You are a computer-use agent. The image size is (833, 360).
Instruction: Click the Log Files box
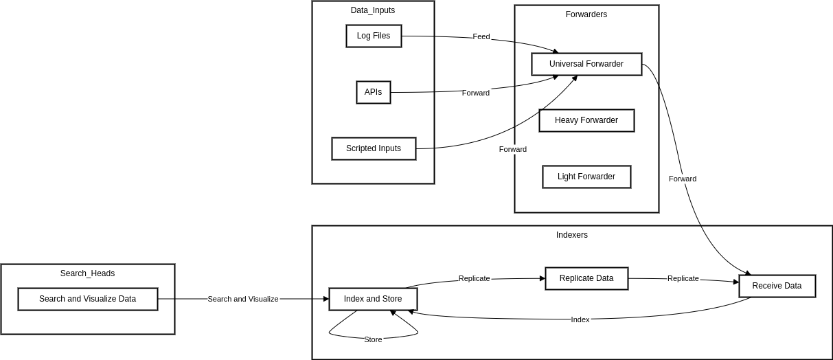click(x=374, y=36)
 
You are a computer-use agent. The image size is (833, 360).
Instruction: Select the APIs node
click(x=374, y=92)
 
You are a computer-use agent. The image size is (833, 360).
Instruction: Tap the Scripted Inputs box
click(x=374, y=148)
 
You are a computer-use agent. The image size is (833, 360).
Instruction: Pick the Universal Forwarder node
click(x=586, y=64)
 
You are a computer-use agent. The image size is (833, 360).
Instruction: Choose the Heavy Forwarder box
click(x=586, y=120)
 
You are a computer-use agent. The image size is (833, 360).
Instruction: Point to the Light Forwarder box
click(x=586, y=177)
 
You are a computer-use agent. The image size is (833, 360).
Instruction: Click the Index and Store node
click(x=373, y=299)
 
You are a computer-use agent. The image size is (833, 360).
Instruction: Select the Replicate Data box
click(x=586, y=278)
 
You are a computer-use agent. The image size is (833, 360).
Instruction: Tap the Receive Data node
click(x=777, y=286)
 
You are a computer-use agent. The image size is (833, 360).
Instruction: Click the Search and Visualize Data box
click(x=87, y=299)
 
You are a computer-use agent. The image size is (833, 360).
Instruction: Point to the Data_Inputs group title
click(x=373, y=10)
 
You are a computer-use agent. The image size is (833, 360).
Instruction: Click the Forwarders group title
click(x=586, y=14)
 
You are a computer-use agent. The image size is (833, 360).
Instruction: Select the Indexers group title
click(x=572, y=235)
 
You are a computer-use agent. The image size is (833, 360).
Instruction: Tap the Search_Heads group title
click(x=87, y=273)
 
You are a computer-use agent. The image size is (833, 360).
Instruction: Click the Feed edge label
click(x=481, y=36)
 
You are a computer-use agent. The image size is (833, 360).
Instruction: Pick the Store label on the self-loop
click(x=373, y=339)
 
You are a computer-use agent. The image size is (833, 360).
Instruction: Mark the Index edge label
click(x=580, y=319)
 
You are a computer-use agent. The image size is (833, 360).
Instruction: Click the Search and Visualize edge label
click(x=243, y=299)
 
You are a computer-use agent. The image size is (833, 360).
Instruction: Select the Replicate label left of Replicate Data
click(x=474, y=278)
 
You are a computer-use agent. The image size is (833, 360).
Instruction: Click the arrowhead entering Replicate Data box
click(x=542, y=278)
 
